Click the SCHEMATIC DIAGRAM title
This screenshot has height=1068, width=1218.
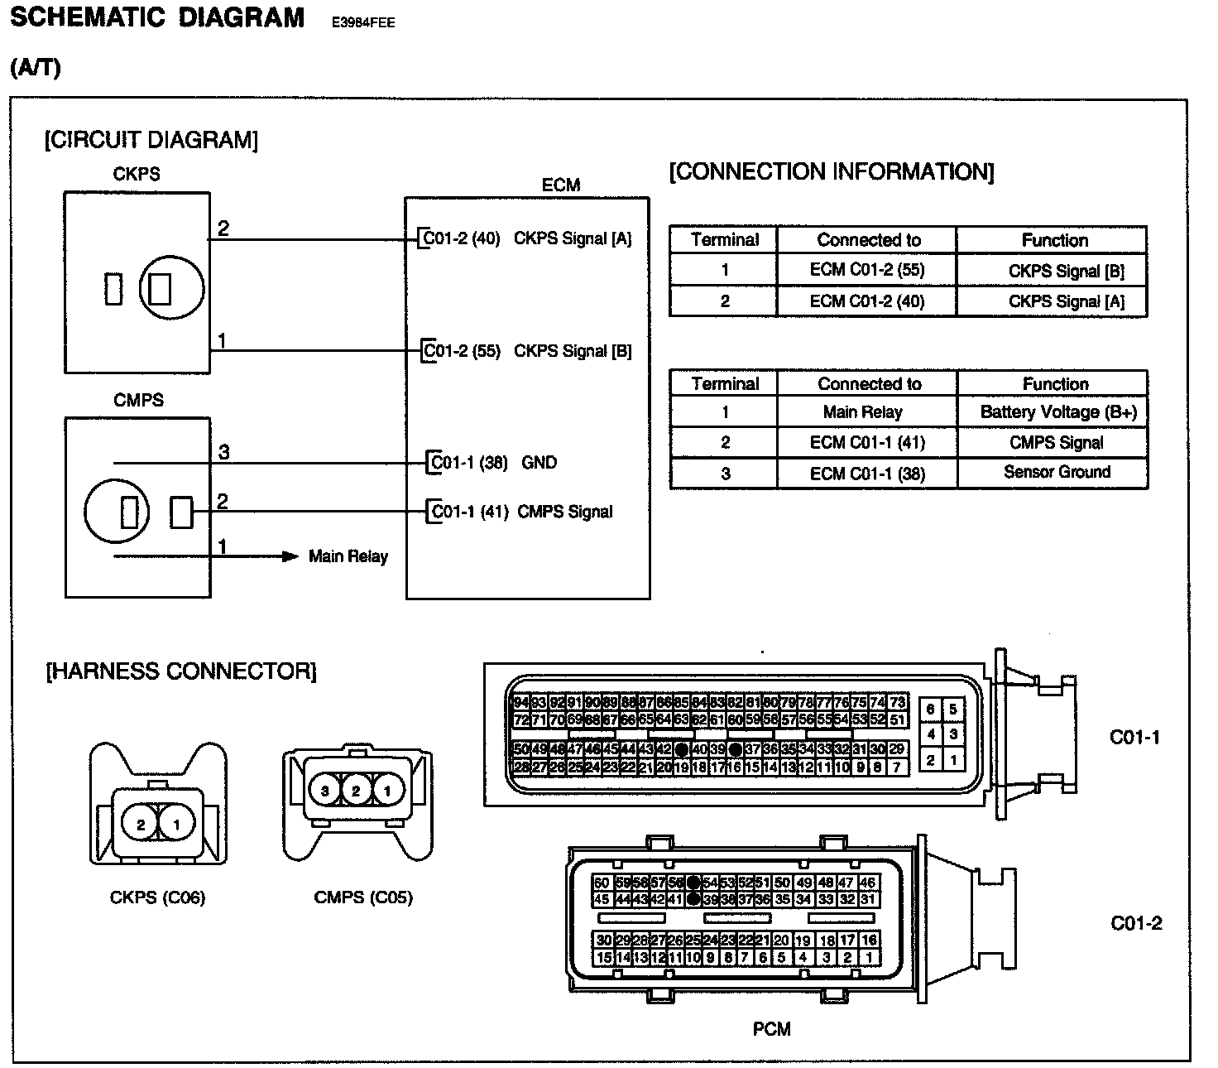157,18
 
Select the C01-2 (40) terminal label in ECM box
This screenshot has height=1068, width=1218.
462,239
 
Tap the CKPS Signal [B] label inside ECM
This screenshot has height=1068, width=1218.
573,351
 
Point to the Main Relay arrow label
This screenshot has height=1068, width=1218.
348,556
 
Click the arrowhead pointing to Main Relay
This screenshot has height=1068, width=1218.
290,556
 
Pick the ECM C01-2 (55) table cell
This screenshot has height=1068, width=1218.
866,270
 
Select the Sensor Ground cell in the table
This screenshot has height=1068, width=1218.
1057,472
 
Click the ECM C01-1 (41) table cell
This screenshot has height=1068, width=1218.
866,443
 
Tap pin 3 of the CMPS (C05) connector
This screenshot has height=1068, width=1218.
325,791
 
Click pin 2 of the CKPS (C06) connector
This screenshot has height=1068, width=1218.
141,825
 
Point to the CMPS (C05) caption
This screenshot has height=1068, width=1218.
363,897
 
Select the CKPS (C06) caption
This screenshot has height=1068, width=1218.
157,897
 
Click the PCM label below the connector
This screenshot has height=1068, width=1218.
771,1029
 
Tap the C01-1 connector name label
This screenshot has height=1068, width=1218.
1134,737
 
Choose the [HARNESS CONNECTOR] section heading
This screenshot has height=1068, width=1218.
181,671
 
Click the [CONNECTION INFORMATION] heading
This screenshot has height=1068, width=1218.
831,172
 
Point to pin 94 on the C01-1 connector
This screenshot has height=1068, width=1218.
520,702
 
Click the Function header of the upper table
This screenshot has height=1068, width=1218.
1055,241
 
